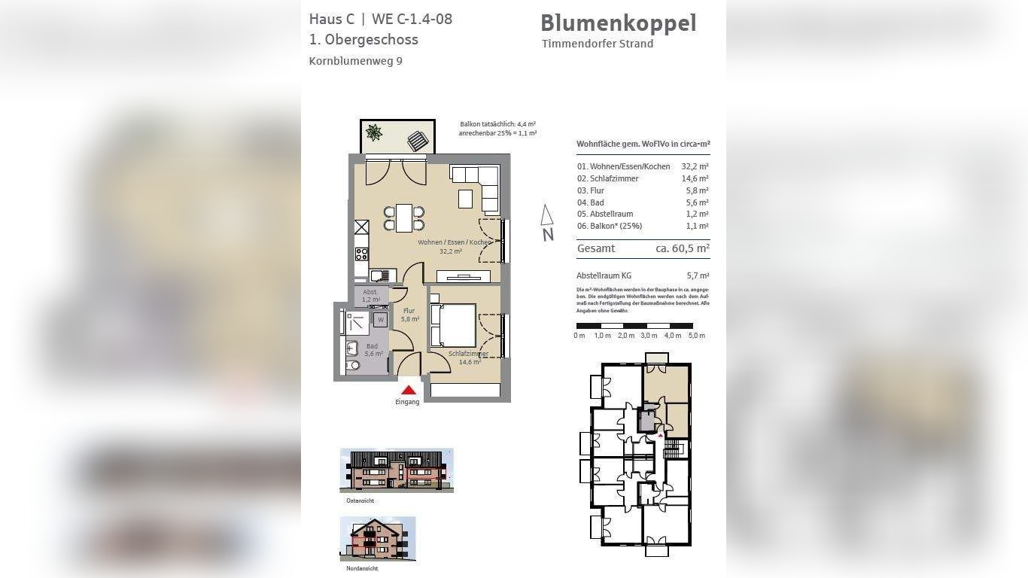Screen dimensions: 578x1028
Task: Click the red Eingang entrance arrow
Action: click(x=408, y=390)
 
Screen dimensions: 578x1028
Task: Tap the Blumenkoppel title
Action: click(x=618, y=23)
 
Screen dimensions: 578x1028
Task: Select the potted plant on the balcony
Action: click(x=374, y=133)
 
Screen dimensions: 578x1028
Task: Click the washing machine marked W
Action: click(x=381, y=320)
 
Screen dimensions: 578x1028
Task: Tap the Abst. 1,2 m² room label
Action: click(x=370, y=295)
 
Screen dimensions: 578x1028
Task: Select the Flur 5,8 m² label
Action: click(x=409, y=315)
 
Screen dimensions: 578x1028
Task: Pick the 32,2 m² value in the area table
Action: click(x=695, y=166)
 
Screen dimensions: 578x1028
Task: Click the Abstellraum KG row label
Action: click(x=604, y=275)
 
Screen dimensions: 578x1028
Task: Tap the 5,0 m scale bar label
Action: click(x=697, y=336)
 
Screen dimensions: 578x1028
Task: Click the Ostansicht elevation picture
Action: click(x=397, y=470)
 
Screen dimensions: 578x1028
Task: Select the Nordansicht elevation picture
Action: click(x=378, y=539)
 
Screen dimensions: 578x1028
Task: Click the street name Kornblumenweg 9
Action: click(x=355, y=61)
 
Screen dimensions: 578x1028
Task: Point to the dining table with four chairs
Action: click(x=404, y=218)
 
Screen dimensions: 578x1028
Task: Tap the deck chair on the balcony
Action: click(x=417, y=140)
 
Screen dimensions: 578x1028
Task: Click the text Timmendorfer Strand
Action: click(x=598, y=44)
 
